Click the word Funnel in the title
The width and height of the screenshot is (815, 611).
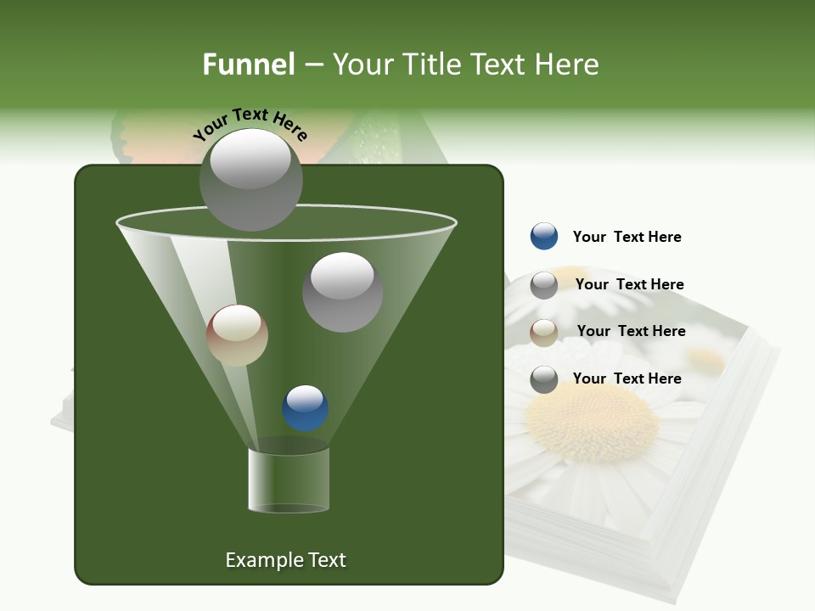pos(248,64)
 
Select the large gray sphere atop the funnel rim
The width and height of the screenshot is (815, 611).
pos(250,179)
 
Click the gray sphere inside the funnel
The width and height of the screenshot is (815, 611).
pos(342,291)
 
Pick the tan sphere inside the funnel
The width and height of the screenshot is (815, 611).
pos(237,335)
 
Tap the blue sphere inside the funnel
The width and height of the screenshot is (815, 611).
pos(305,408)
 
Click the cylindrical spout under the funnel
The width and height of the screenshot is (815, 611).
pos(288,480)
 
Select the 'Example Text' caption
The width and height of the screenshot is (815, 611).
pos(285,560)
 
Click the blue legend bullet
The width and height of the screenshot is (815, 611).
pos(544,237)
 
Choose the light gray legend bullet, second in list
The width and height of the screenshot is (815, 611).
pos(544,285)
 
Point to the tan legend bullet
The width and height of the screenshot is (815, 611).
pos(544,333)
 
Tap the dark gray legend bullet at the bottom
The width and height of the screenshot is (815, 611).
pos(544,379)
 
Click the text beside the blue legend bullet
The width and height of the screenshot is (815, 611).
pos(627,237)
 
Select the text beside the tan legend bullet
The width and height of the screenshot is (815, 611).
pos(631,331)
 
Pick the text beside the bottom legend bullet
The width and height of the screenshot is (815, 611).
pos(627,378)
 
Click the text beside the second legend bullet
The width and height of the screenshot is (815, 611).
pos(629,284)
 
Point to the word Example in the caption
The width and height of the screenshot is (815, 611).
pos(258,560)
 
